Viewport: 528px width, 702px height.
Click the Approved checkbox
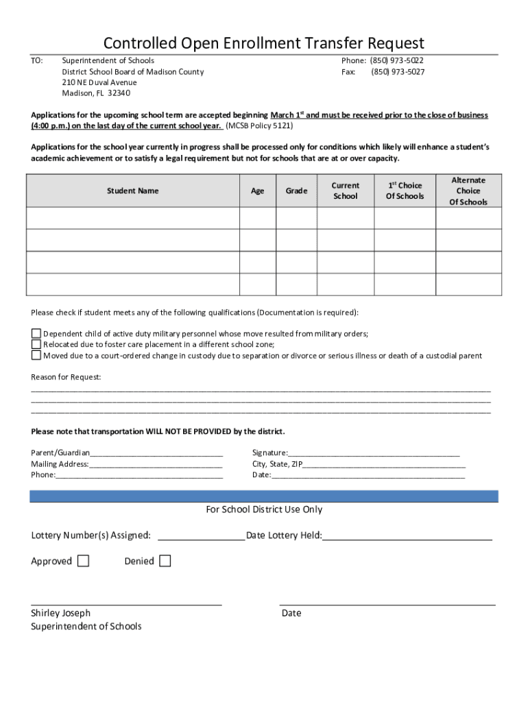pos(83,561)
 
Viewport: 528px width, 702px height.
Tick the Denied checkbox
pos(165,561)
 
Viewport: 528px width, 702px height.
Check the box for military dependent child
pos(36,334)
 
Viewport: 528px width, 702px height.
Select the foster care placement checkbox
pos(36,345)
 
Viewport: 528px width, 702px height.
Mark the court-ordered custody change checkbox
pos(36,356)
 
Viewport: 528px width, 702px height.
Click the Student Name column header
pos(132,191)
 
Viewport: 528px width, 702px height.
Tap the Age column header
pos(257,191)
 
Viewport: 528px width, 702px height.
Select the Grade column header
pos(296,191)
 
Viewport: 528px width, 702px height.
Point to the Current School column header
pos(346,191)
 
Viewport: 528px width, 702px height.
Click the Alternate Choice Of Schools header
pos(468,191)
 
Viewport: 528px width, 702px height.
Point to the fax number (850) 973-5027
pos(398,72)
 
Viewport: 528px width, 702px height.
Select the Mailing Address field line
pos(156,464)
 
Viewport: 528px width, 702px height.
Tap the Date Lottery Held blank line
pos(407,535)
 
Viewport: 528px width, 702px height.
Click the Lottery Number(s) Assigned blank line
pos(201,535)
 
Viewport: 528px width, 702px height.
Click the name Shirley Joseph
pos(60,613)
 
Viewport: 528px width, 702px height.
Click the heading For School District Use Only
pos(264,509)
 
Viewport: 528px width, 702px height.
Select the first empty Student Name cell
pos(132,218)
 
